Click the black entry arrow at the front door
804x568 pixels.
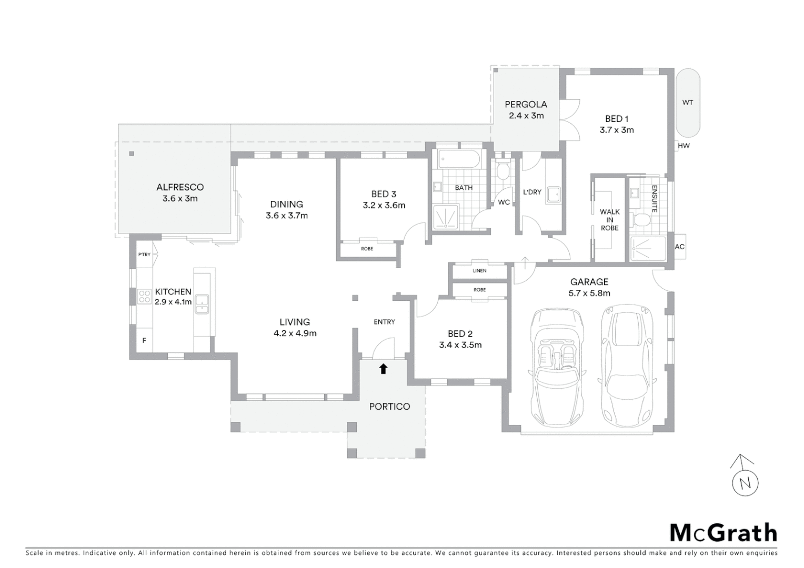click(x=383, y=369)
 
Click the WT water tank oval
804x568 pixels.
click(x=688, y=103)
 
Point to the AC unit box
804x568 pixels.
click(x=679, y=247)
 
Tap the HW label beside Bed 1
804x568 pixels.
click(x=684, y=146)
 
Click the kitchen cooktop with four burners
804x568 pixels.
click(x=145, y=296)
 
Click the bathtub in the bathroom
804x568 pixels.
click(x=459, y=159)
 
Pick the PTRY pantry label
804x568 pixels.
click(x=144, y=255)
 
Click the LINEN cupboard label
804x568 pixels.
click(x=479, y=271)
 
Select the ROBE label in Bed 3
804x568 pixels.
click(x=367, y=249)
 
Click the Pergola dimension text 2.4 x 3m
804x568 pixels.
click(x=526, y=116)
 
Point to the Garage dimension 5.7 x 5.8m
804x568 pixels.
click(x=589, y=293)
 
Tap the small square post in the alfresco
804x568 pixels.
click(x=132, y=154)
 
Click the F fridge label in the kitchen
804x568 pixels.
click(x=144, y=341)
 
